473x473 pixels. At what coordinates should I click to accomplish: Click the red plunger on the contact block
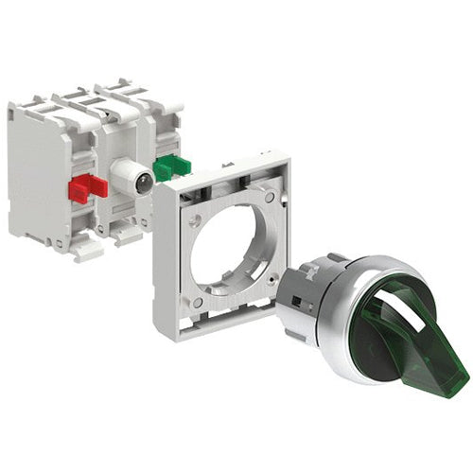pyautogui.click(x=86, y=186)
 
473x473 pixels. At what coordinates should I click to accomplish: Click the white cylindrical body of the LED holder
pyautogui.click(x=124, y=175)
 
